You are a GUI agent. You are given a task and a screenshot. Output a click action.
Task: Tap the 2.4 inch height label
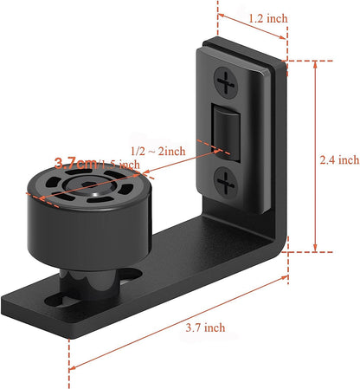point(338,159)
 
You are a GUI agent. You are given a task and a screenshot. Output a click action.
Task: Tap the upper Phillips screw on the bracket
point(228,85)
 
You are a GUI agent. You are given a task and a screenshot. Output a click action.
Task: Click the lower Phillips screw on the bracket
point(226,182)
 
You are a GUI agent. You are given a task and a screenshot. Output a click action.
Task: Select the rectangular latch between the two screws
point(227,133)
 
